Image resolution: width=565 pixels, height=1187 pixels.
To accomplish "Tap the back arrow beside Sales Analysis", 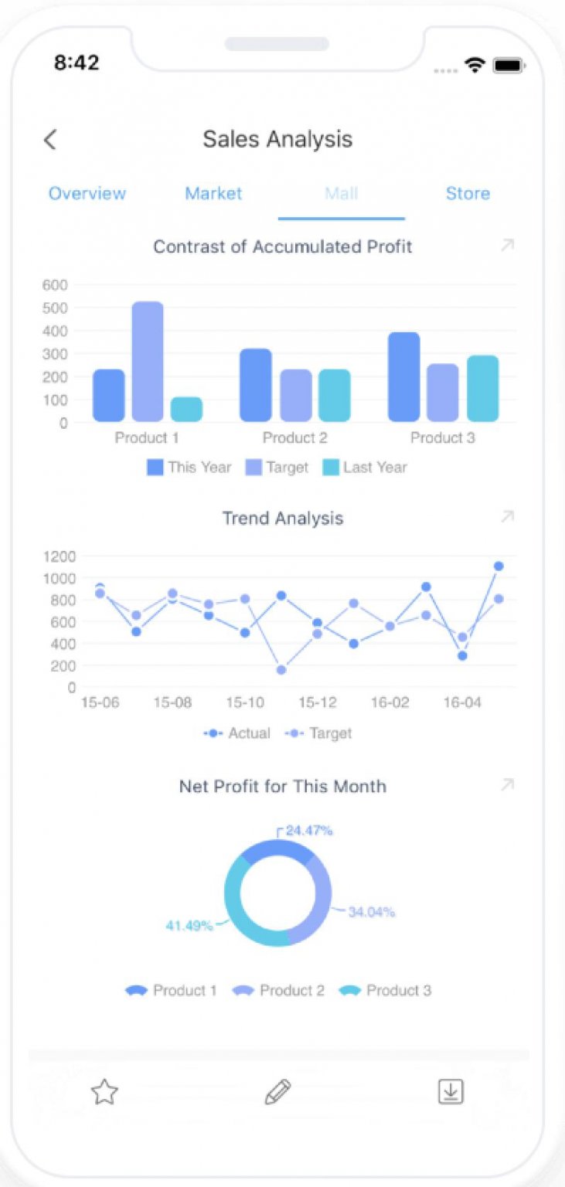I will [50, 140].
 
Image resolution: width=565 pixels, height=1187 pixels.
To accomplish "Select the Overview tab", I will [87, 193].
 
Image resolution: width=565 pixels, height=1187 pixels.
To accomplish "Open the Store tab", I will [468, 193].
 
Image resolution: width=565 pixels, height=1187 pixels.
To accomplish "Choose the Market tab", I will [213, 193].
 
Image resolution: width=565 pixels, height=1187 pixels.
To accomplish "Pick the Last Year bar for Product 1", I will [186, 410].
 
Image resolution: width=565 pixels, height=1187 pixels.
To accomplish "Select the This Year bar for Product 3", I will [403, 377].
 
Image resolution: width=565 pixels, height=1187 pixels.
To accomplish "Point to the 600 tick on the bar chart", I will [55, 284].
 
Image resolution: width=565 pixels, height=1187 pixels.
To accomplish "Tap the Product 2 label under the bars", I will [294, 438].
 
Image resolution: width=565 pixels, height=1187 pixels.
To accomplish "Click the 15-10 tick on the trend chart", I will [244, 702].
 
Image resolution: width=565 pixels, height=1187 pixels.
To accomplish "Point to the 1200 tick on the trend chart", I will [59, 556].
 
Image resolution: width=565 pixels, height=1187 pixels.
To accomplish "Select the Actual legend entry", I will [238, 733].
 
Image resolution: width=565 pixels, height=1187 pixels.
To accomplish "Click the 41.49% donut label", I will [189, 925].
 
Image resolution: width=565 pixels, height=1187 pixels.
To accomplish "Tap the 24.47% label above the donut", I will [309, 831].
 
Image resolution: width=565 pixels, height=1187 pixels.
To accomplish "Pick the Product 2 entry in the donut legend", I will [279, 991].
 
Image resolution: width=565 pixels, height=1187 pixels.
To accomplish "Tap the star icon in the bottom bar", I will [104, 1092].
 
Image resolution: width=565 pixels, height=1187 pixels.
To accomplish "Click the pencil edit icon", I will [277, 1092].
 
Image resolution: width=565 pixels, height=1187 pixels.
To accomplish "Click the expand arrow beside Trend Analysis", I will [507, 517].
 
